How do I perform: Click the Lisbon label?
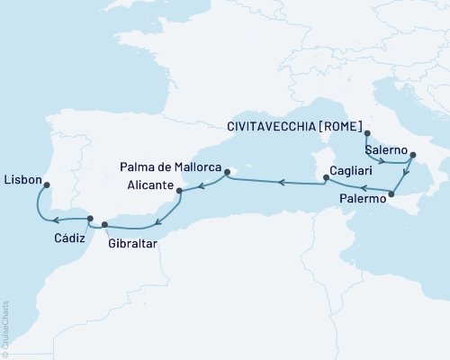point(22,179)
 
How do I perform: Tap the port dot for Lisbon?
point(47,186)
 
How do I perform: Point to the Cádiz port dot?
point(89,217)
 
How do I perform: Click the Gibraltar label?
point(132,243)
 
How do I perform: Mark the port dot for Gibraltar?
point(104,224)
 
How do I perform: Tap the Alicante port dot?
point(180,191)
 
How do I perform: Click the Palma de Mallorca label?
point(170,166)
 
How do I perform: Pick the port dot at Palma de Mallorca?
point(227,171)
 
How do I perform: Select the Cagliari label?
point(352,170)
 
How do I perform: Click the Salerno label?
point(385,148)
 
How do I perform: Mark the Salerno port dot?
point(412,155)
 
